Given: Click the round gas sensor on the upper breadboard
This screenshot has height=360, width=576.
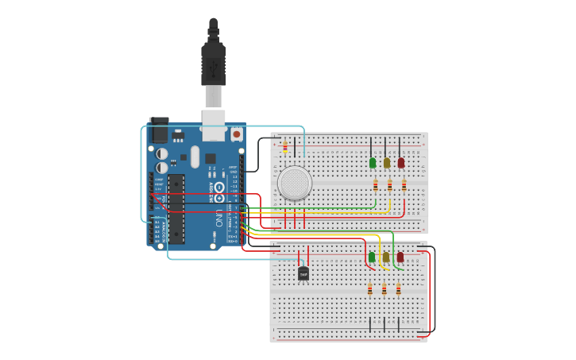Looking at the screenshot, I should point(294,183).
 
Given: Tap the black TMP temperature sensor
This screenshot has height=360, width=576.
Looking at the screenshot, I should point(303,273).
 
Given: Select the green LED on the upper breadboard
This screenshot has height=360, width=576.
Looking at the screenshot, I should point(372,163).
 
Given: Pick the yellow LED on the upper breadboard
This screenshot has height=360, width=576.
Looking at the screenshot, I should point(386,163).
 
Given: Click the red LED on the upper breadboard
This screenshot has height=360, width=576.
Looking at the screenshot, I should point(400,163).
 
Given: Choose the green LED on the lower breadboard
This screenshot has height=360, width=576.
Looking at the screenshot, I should point(372,257).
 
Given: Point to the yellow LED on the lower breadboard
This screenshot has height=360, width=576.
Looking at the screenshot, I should point(386,257).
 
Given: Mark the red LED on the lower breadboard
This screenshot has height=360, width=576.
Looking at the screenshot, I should point(400,257).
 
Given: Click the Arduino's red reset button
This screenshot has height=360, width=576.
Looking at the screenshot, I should point(236,136).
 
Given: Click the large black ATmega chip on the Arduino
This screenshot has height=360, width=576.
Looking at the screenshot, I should point(176,208).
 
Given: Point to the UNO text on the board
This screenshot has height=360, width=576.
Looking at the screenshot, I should point(218,219).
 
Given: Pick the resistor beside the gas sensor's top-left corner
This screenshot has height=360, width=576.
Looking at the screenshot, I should point(285,147).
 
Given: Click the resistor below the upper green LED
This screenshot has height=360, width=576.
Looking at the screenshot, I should point(375,186).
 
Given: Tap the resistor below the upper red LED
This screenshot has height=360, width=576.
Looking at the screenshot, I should point(404,186).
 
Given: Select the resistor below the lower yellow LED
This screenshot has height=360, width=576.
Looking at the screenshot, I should point(385,289).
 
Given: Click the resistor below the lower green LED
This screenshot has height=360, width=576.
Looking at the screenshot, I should point(370,289).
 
